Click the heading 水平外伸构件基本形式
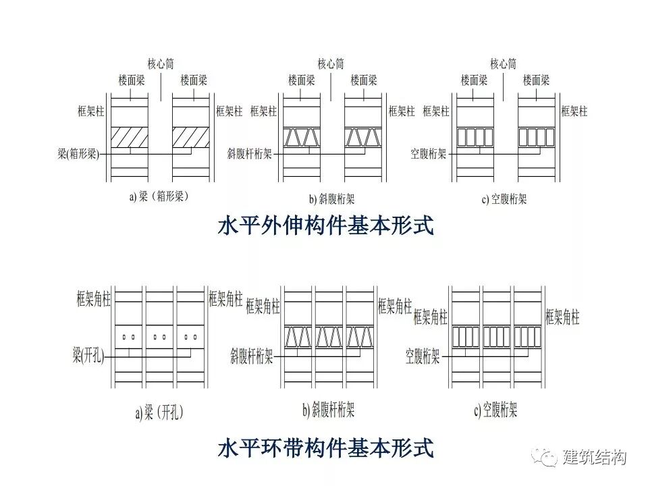(325, 225)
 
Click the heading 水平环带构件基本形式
(325, 448)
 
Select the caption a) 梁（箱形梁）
(159, 198)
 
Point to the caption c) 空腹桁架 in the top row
(504, 199)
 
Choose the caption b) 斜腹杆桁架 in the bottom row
(329, 409)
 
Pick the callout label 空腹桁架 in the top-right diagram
(429, 154)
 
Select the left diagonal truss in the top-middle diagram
(301, 137)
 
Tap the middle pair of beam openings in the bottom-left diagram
(160, 335)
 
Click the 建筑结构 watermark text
(594, 457)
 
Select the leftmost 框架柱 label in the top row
(91, 111)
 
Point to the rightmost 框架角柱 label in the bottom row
(562, 316)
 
